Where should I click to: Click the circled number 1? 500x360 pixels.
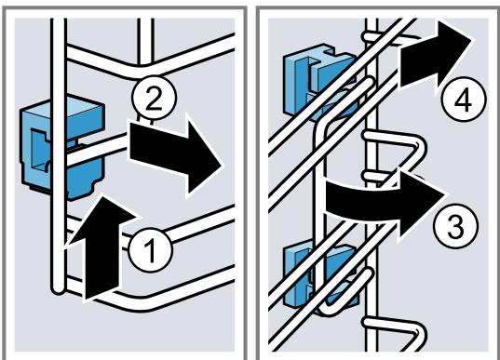[150, 250]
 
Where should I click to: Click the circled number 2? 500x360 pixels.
[154, 98]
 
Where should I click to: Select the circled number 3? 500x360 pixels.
[456, 226]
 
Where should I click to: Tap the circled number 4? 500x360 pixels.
[464, 100]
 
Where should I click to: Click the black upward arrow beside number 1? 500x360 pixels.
[101, 247]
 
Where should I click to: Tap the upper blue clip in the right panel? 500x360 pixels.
[318, 81]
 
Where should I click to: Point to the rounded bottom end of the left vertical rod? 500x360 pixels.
[59, 289]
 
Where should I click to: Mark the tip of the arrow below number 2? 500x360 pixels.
[222, 167]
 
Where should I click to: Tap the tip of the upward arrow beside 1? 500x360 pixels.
[101, 194]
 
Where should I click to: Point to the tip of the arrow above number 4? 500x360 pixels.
[471, 39]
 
